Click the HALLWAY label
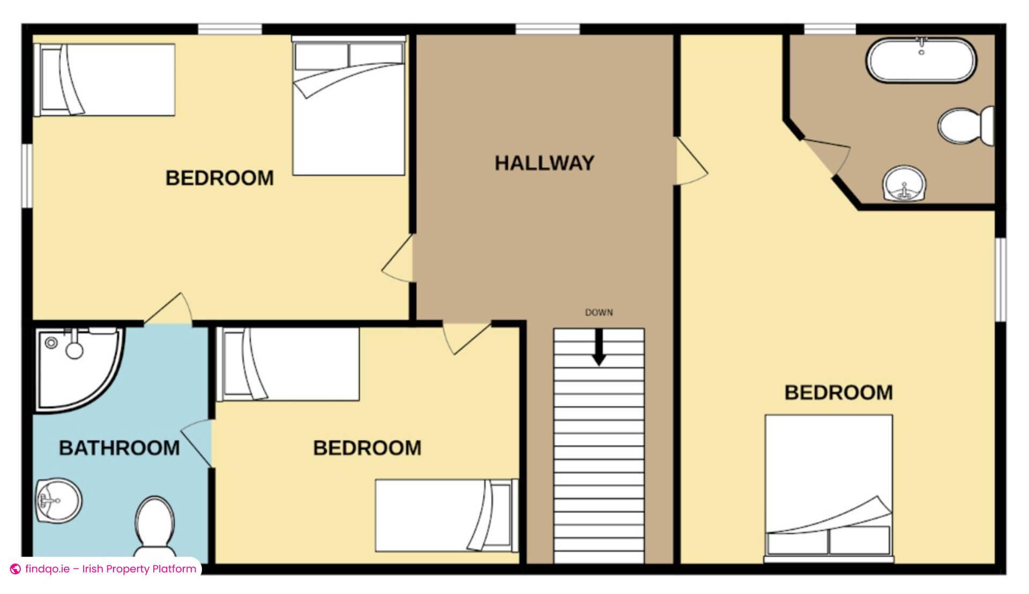545,163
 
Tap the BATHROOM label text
119,448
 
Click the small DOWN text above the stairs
599,313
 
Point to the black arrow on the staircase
599,347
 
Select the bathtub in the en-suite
921,60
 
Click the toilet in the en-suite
966,126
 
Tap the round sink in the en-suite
904,183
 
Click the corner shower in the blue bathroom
79,369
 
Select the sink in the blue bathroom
59,501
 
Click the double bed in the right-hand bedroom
829,488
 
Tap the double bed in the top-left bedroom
348,106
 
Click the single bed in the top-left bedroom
105,79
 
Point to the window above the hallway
547,29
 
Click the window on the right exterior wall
1001,279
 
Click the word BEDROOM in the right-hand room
839,392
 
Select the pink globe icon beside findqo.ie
16,569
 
